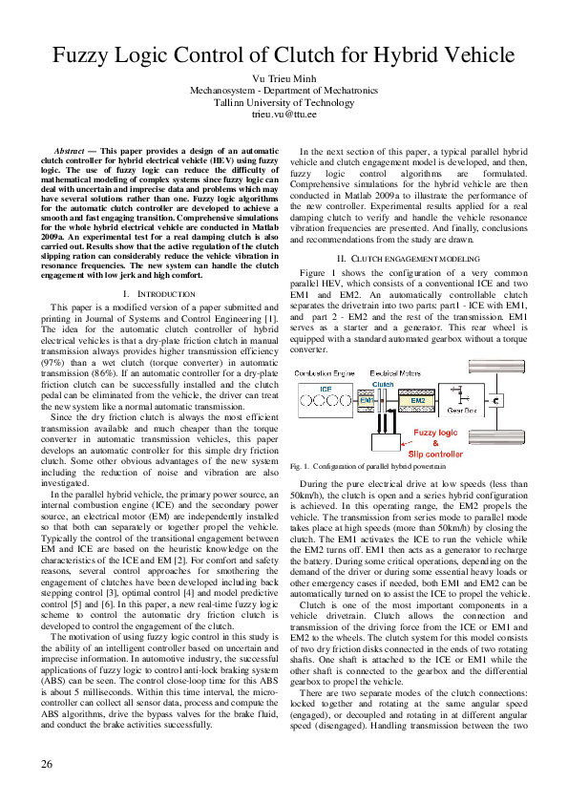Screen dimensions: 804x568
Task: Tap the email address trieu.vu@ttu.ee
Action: pos(284,114)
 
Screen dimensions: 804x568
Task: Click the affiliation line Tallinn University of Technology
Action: pos(284,101)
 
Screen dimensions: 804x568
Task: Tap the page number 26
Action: pos(47,764)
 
